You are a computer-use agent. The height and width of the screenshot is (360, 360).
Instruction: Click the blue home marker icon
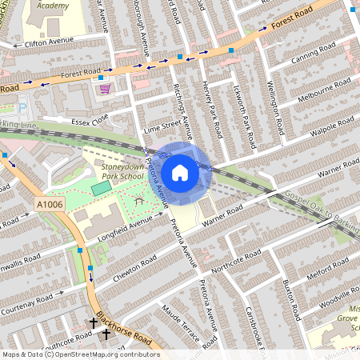[180, 172]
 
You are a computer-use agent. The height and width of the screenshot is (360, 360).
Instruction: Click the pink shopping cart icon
[104, 90]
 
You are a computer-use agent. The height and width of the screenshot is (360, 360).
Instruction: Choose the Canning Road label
[317, 53]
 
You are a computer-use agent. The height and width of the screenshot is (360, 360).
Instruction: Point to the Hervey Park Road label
[214, 111]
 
